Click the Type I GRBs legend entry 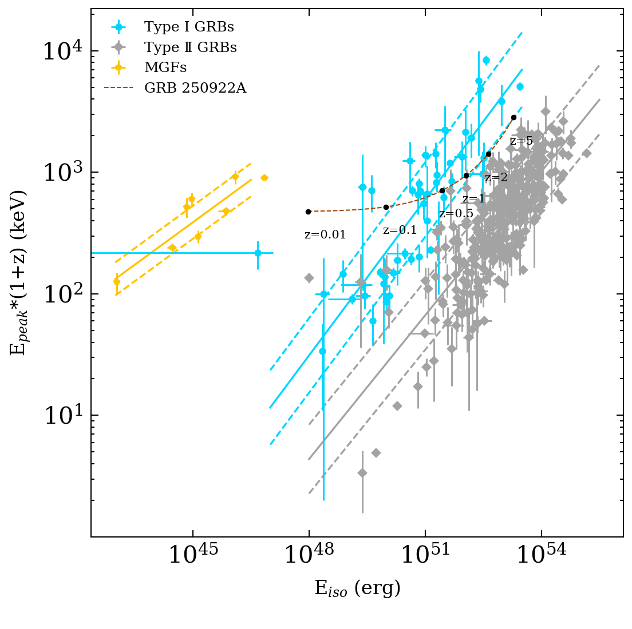point(189,27)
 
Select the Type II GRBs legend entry point(190,47)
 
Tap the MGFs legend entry point(165,68)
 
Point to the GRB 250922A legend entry point(195,89)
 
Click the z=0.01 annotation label point(325,235)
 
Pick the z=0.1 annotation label point(400,230)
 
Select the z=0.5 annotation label point(456,214)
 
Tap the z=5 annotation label point(521,141)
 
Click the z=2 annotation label point(496,178)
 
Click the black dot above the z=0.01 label point(308,212)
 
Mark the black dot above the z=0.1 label point(386,207)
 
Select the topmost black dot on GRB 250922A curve point(513,117)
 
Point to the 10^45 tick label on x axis point(193,555)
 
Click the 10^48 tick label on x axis point(309,555)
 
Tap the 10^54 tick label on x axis point(541,555)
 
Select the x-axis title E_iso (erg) point(357,588)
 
